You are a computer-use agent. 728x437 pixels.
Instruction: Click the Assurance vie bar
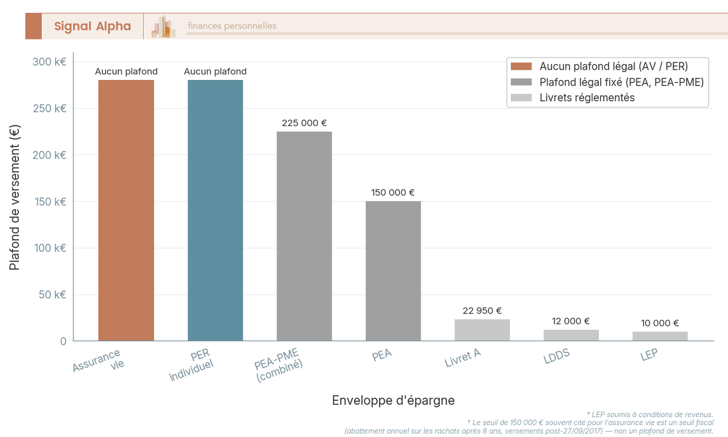(126, 210)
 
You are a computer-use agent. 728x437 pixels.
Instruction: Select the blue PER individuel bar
(215, 210)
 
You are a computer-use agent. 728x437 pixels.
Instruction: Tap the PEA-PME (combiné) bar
(305, 236)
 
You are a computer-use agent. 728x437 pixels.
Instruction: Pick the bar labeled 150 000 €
(393, 271)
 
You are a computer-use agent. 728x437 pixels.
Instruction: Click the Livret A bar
(482, 330)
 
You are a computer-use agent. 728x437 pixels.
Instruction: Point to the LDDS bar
(571, 335)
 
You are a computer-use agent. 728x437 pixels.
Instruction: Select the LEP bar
(660, 336)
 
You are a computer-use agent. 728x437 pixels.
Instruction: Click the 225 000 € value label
(305, 123)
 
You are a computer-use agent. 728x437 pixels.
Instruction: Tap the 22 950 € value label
(482, 311)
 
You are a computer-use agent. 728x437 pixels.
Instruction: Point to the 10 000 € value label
(660, 323)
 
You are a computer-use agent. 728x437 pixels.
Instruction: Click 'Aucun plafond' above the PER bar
(215, 72)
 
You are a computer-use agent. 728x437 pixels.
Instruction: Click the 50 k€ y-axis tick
(52, 295)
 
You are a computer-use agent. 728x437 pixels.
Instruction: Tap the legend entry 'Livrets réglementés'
(587, 98)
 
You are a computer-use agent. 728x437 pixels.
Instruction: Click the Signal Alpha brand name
(92, 26)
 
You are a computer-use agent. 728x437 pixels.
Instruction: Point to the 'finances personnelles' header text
(232, 26)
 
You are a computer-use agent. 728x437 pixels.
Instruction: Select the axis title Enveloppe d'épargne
(393, 401)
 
